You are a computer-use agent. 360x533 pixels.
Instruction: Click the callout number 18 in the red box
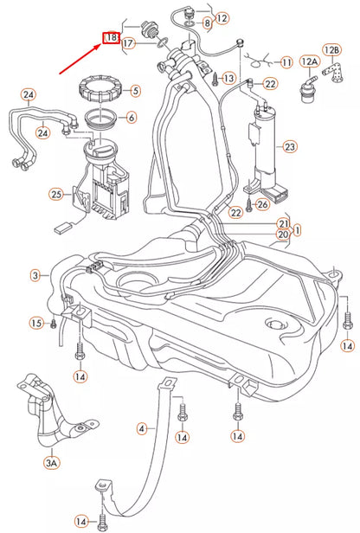pyautogui.click(x=112, y=37)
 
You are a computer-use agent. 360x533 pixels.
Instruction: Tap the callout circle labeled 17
pyautogui.click(x=128, y=43)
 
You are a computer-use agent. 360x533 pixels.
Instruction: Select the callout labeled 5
pyautogui.click(x=135, y=91)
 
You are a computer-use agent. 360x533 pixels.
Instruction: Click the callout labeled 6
pyautogui.click(x=132, y=118)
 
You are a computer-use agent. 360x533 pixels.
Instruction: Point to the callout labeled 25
pyautogui.click(x=56, y=195)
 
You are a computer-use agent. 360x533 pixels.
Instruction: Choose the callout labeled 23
pyautogui.click(x=289, y=147)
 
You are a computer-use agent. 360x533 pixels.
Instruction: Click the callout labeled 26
pyautogui.click(x=262, y=204)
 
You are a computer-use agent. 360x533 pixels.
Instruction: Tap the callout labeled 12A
pyautogui.click(x=309, y=61)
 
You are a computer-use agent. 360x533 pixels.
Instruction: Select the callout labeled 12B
pyautogui.click(x=331, y=50)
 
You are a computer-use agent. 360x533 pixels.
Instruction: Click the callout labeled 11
pyautogui.click(x=286, y=62)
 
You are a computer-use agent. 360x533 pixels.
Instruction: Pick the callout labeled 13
pyautogui.click(x=228, y=79)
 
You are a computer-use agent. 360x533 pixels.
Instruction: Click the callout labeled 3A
pyautogui.click(x=51, y=462)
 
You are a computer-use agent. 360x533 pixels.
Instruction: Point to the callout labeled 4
pyautogui.click(x=142, y=428)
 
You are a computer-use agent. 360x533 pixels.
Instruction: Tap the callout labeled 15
pyautogui.click(x=36, y=323)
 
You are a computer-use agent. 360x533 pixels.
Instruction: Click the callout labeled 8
pyautogui.click(x=208, y=23)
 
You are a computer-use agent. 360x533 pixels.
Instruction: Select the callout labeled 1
pyautogui.click(x=297, y=230)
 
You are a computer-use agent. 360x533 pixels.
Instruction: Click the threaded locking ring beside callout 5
pyautogui.click(x=98, y=89)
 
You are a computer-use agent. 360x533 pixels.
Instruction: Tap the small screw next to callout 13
pyautogui.click(x=215, y=79)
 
